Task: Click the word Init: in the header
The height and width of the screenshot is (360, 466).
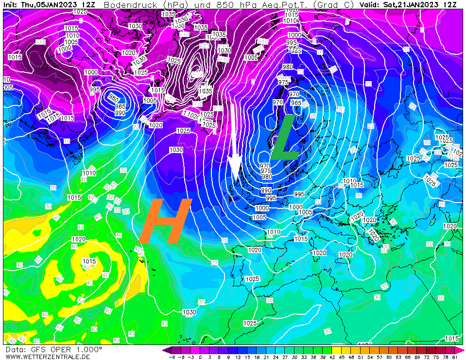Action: pyautogui.click(x=11, y=4)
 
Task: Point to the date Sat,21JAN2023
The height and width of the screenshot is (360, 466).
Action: pyautogui.click(x=413, y=4)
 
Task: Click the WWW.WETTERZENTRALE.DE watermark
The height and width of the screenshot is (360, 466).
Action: pyautogui.click(x=41, y=357)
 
